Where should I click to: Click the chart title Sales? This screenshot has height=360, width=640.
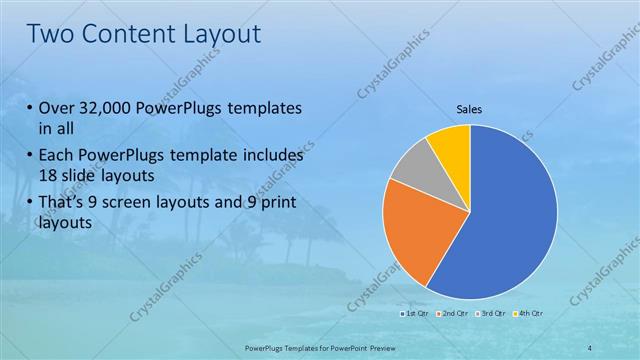click(x=469, y=108)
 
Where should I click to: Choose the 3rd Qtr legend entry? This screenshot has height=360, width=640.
click(x=491, y=314)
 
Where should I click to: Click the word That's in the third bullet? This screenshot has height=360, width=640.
click(x=66, y=204)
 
